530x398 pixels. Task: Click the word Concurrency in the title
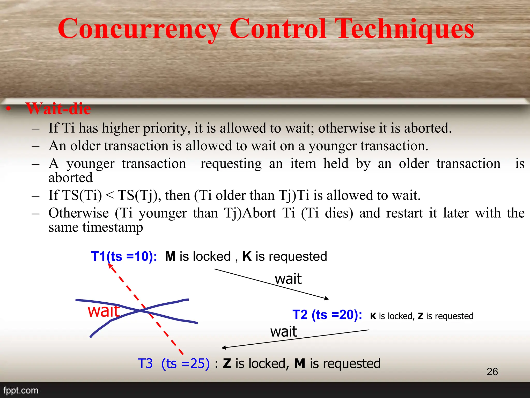(140, 29)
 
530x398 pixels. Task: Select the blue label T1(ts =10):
(124, 257)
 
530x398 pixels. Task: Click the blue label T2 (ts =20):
(327, 315)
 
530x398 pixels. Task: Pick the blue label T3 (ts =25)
(173, 364)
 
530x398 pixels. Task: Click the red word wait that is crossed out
(104, 311)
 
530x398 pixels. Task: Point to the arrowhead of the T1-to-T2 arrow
(327, 299)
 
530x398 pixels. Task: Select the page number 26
(492, 372)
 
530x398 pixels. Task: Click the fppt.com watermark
(21, 390)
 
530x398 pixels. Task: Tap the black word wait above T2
(288, 279)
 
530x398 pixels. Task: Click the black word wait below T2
(284, 332)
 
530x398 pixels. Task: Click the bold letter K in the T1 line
(247, 257)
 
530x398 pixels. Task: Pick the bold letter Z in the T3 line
(227, 364)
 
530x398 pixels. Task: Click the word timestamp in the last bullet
(113, 228)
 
